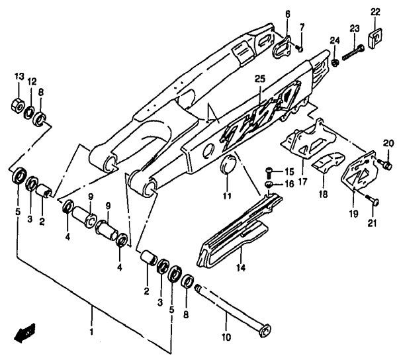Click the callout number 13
coord(19,76)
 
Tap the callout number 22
coord(375,12)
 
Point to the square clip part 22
coord(375,38)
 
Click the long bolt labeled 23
coord(353,53)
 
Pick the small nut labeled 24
coord(335,62)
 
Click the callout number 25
coord(260,79)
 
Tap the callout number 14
coord(241,267)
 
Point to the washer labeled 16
coord(269,185)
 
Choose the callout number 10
coord(226,337)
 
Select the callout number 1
coord(92,332)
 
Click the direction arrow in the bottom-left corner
coord(24,332)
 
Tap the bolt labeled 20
coord(384,164)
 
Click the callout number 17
coord(302,181)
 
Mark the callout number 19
coord(353,214)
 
